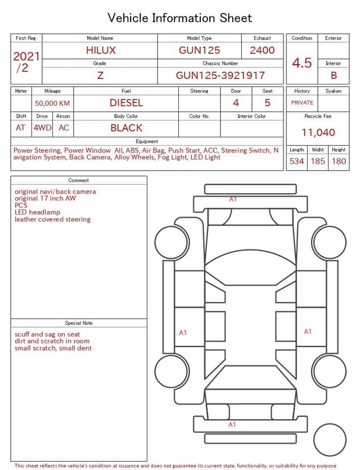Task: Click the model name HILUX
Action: coord(101,50)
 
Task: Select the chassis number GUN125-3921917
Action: coord(220,75)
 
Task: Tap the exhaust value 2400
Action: coord(262,50)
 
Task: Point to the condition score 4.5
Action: coord(302,63)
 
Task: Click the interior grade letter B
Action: coord(334,75)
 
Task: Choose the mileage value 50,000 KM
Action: coord(52,104)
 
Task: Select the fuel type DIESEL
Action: coord(126,103)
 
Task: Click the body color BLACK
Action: coord(126,128)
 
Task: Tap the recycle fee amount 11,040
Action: coord(318,132)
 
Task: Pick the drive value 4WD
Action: coord(42,128)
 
